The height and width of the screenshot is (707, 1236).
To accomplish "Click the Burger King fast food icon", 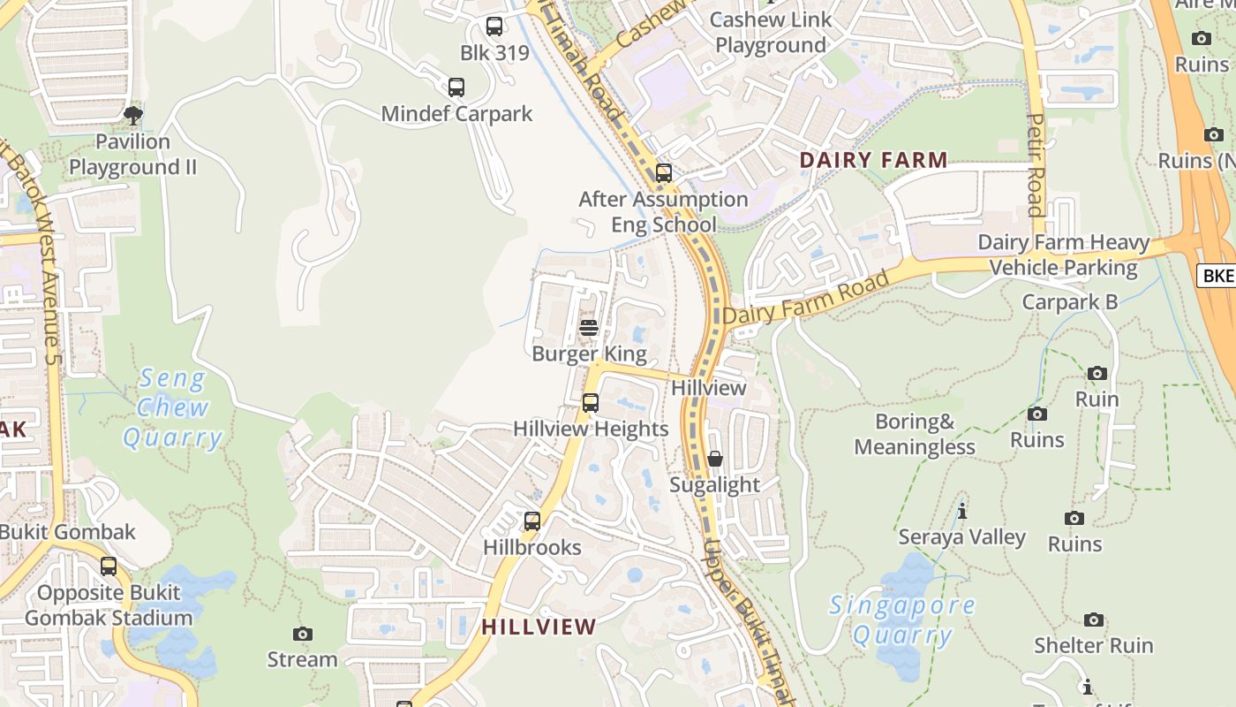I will (589, 328).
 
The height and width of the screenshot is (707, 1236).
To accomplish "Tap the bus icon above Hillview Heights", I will (591, 403).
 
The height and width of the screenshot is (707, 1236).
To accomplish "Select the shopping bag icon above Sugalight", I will (715, 459).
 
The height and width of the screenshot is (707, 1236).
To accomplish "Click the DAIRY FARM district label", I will (873, 160).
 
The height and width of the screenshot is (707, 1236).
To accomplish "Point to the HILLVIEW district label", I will (539, 627).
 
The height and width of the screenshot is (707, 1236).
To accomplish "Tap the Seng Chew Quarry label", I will (173, 408).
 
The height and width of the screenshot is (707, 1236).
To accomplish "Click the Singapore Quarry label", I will (902, 620).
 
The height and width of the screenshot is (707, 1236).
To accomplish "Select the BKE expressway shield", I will (1218, 276).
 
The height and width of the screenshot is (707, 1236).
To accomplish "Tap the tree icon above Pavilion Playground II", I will (133, 115).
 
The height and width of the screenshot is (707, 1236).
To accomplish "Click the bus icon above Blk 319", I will (494, 27).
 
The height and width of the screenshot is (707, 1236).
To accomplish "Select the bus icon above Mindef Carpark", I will (456, 87).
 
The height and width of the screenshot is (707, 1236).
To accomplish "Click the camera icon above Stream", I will (303, 634).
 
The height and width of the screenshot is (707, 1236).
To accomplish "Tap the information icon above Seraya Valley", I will (962, 511).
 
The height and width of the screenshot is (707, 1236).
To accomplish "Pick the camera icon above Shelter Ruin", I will (1094, 620).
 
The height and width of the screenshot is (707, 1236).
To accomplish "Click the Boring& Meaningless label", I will (915, 434).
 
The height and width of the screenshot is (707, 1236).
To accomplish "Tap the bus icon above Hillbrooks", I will (532, 521).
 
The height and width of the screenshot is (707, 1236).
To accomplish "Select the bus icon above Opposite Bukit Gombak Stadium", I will (109, 566).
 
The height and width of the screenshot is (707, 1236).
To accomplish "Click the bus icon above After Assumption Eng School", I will (664, 173).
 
